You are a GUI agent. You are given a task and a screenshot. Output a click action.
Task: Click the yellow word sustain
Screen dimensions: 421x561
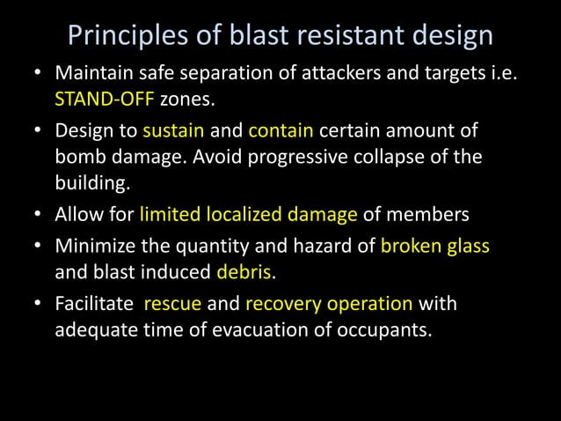(173, 131)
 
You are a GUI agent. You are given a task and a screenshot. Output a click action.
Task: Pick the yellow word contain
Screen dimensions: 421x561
(281, 131)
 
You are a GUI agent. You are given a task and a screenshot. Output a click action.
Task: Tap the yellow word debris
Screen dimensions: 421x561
(237, 271)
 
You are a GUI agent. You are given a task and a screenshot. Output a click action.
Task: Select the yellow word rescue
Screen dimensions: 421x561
(172, 304)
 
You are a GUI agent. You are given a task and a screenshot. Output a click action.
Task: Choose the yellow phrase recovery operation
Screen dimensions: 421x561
(329, 304)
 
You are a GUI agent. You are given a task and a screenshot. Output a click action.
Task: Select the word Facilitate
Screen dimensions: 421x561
(94, 304)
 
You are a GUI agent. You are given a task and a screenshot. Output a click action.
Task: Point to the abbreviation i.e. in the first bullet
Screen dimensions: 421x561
(498, 75)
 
